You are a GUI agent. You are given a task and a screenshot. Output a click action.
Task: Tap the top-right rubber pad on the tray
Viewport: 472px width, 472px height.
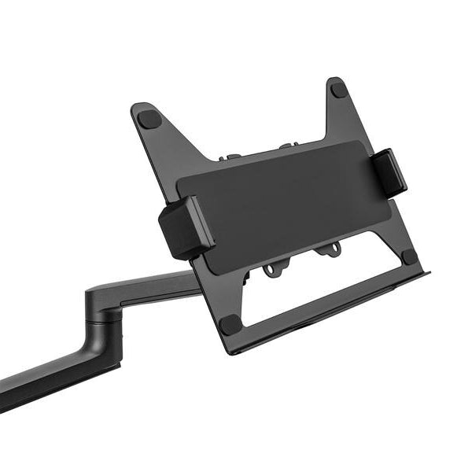339,89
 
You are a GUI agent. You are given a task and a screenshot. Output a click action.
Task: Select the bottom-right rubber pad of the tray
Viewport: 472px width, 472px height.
409,256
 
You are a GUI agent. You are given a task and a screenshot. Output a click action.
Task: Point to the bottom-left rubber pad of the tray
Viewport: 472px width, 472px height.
230,324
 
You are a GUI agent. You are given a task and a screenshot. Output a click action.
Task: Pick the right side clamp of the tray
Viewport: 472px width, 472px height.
389,172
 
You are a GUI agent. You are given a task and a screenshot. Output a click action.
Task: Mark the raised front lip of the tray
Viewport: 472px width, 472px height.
330,315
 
